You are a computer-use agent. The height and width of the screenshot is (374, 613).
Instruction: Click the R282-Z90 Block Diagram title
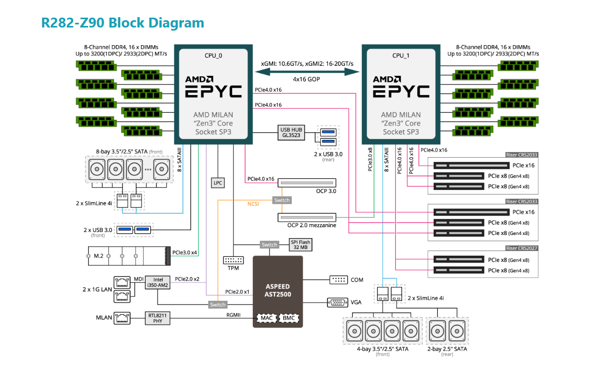pyautogui.click(x=123, y=23)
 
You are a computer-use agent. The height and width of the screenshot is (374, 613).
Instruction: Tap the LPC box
pyautogui.click(x=218, y=183)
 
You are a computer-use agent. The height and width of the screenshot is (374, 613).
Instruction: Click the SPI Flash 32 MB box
pyautogui.click(x=300, y=245)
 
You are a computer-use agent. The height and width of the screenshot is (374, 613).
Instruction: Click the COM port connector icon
pyautogui.click(x=338, y=280)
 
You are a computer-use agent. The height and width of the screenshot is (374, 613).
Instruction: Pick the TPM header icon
pyautogui.click(x=233, y=260)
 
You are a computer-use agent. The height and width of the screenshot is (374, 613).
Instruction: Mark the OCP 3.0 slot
pyautogui.click(x=307, y=183)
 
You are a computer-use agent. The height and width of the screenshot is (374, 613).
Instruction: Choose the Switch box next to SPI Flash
pyautogui.click(x=269, y=245)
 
